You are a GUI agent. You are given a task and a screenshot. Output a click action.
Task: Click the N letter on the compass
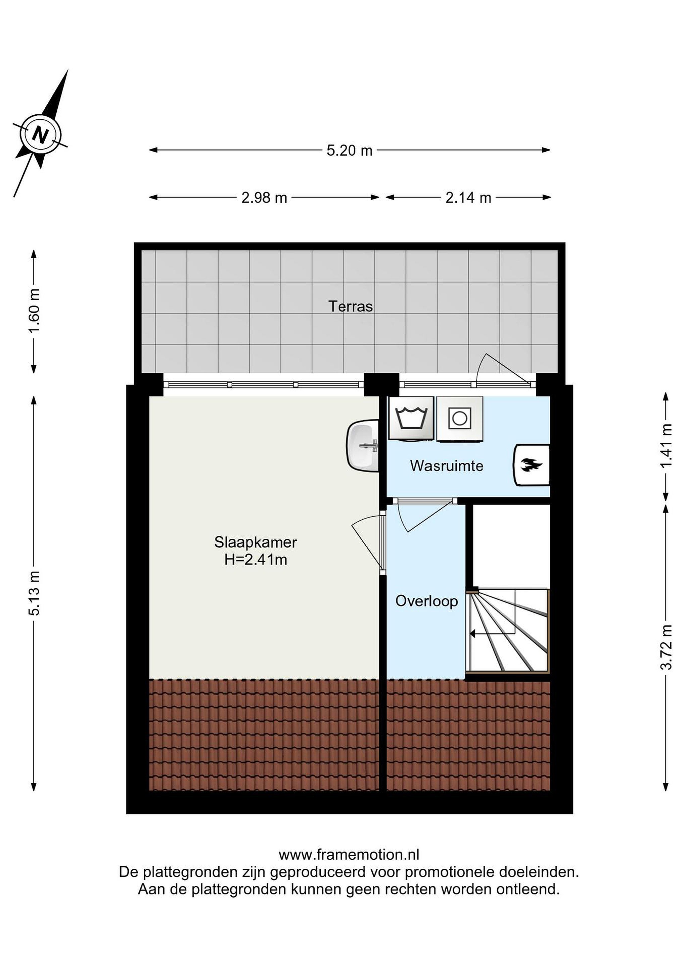40,135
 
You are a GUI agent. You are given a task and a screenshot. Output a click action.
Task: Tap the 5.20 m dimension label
350,151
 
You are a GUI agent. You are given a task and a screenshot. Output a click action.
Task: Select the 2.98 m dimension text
264,198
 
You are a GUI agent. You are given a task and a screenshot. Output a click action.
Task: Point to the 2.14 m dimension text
468,198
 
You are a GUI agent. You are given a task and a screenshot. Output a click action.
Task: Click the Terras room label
351,306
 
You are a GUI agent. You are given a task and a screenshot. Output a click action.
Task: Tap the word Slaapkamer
256,542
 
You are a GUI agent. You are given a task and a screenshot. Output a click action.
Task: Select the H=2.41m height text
256,560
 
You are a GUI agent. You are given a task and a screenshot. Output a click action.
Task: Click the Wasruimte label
447,466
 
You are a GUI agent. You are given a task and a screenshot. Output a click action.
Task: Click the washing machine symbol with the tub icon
411,419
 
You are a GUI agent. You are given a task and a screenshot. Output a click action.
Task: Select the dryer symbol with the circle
459,419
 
